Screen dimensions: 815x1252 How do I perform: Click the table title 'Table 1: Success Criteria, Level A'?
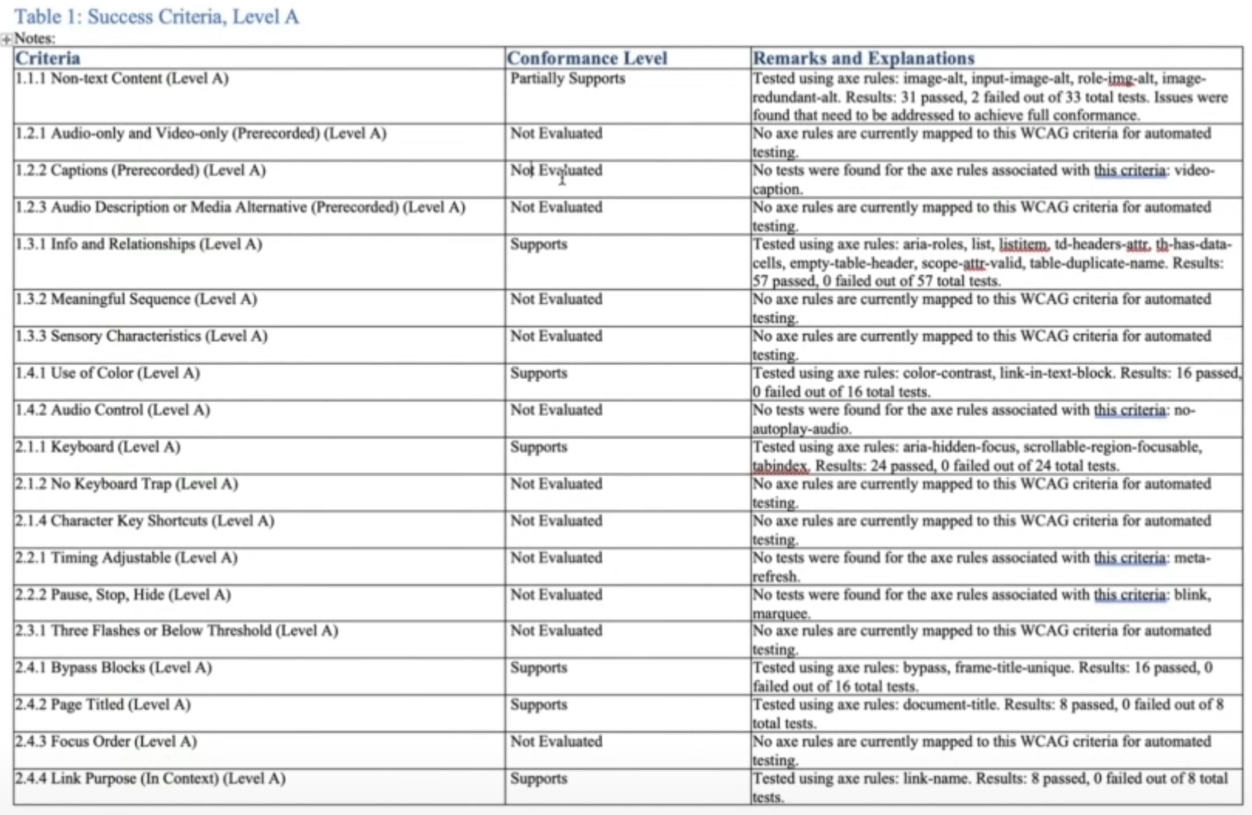pyautogui.click(x=156, y=17)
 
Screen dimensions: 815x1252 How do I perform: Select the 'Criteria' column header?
pyautogui.click(x=48, y=58)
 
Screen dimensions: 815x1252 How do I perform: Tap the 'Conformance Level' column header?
pyautogui.click(x=587, y=58)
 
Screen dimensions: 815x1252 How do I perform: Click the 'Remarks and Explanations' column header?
pyautogui.click(x=863, y=58)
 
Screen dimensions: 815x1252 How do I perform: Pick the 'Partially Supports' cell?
pyautogui.click(x=567, y=79)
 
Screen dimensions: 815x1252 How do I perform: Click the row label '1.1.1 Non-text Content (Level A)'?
pyautogui.click(x=122, y=79)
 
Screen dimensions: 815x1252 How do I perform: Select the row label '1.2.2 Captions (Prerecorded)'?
pyautogui.click(x=141, y=171)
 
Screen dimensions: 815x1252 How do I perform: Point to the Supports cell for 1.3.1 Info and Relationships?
pyautogui.click(x=538, y=244)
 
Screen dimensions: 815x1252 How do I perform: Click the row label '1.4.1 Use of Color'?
pyautogui.click(x=108, y=373)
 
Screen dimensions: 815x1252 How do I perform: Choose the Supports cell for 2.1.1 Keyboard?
pyautogui.click(x=538, y=447)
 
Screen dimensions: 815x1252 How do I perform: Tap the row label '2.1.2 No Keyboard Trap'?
pyautogui.click(x=127, y=484)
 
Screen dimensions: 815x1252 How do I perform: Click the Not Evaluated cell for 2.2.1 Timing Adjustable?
pyautogui.click(x=555, y=558)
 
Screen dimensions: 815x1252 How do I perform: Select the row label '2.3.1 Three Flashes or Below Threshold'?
pyautogui.click(x=177, y=631)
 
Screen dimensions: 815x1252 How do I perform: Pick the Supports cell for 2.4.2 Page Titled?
pyautogui.click(x=538, y=705)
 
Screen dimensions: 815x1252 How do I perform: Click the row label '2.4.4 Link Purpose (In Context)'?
pyautogui.click(x=150, y=779)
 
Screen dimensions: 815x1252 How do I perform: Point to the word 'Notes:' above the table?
pyautogui.click(x=35, y=39)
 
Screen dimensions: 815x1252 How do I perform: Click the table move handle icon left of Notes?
pyautogui.click(x=6, y=39)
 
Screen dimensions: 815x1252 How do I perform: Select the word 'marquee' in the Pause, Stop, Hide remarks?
pyautogui.click(x=781, y=614)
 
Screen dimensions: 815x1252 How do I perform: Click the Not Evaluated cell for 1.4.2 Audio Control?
pyautogui.click(x=555, y=410)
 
